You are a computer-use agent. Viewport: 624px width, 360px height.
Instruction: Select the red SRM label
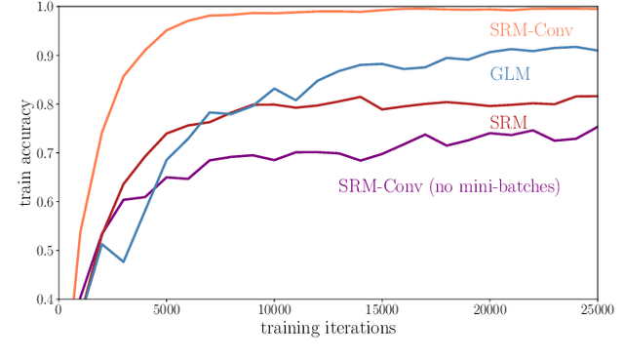507,122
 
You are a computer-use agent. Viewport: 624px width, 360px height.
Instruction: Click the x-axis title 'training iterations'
328,329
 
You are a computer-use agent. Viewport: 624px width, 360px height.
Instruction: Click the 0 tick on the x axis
59,310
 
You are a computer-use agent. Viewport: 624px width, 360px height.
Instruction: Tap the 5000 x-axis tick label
166,310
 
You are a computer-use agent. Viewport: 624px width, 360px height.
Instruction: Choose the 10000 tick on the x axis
274,310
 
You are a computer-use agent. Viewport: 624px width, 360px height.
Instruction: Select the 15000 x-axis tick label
381,310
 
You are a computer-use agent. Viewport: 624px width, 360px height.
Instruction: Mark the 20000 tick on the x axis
489,310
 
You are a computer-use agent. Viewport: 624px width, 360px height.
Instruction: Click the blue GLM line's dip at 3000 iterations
123,261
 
